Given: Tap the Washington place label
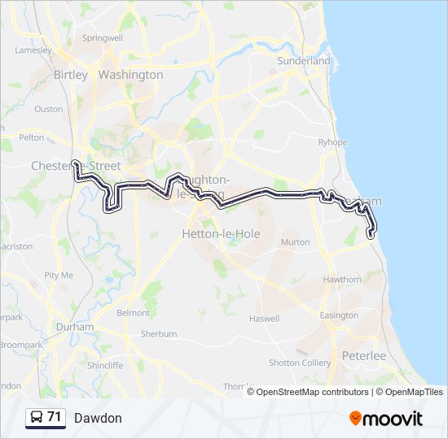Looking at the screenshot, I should tap(130, 75).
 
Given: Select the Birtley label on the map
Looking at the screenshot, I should tap(70, 75).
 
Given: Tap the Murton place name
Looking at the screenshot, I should tap(295, 242).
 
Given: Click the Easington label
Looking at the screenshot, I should tap(339, 315).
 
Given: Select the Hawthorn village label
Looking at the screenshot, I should tap(341, 280).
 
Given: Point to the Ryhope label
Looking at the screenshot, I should tap(332, 141).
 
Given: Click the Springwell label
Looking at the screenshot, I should tap(103, 37).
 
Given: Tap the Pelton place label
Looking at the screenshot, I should tap(31, 138).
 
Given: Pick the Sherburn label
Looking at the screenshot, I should tap(159, 334).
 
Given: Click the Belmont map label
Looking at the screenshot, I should tap(134, 313).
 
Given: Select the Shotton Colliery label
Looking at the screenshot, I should tap(300, 363).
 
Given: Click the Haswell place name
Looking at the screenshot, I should tap(264, 318).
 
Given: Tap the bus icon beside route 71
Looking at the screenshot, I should tap(37, 418).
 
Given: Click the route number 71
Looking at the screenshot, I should tap(55, 418).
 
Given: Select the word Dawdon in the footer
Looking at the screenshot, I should tap(98, 418).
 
